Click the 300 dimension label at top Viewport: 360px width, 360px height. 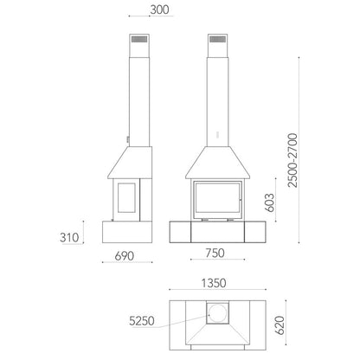(159, 10)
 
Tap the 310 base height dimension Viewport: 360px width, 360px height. (69, 238)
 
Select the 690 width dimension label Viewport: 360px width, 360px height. (125, 256)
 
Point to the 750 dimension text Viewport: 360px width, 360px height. (215, 253)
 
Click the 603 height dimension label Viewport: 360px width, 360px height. (269, 202)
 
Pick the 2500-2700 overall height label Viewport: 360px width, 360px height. (292, 160)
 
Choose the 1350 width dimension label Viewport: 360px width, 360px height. (214, 283)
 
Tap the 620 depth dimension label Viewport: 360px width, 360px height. (280, 325)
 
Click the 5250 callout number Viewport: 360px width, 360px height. (142, 321)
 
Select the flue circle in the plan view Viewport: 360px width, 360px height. (217, 313)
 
